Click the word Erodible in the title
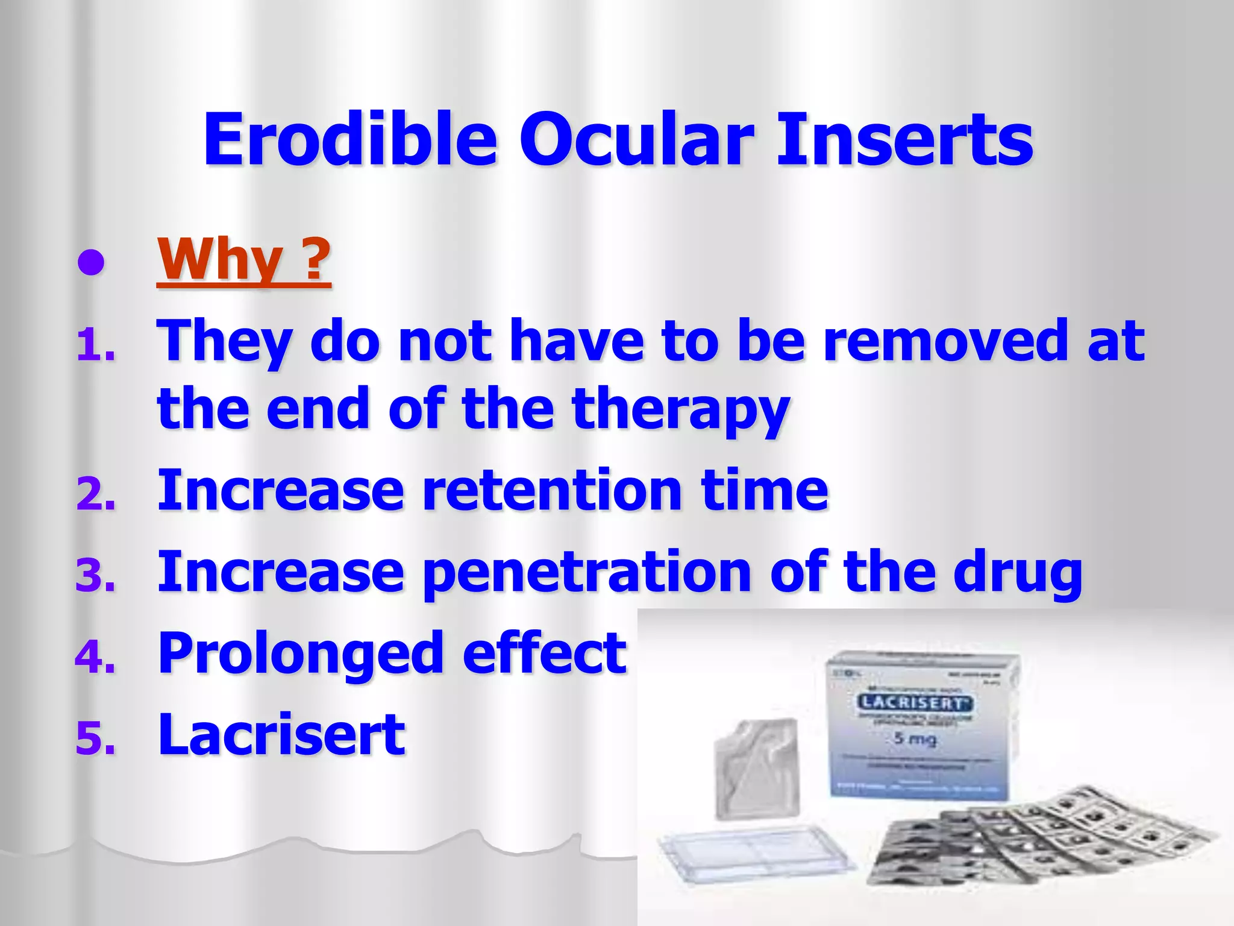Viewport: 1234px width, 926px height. point(349,140)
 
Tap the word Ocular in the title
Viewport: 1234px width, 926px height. point(636,140)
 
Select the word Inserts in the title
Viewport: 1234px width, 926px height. point(904,140)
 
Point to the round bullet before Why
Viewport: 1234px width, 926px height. point(91,263)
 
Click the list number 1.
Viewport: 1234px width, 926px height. point(95,347)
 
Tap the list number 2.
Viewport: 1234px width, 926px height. point(95,496)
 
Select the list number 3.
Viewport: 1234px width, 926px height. point(95,576)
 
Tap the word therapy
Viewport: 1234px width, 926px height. point(681,410)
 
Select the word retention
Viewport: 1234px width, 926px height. point(551,490)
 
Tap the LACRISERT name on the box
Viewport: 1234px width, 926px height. point(915,702)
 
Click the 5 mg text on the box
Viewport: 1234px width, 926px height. point(915,738)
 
